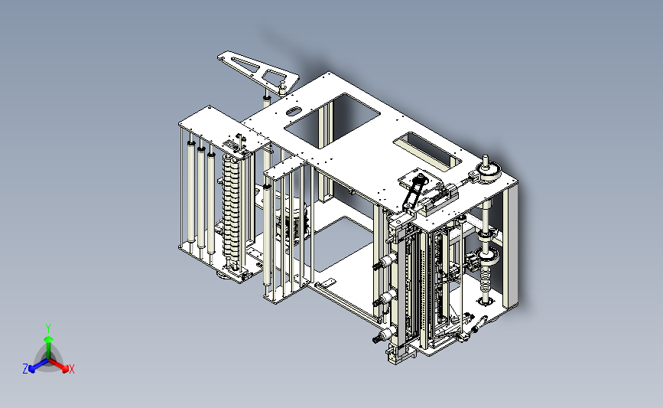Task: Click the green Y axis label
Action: tap(48, 328)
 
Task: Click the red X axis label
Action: tap(71, 369)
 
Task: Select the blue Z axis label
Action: tap(25, 369)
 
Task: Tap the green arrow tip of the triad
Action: tap(48, 339)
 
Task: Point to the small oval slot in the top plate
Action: tap(294, 112)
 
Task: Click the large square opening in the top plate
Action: tap(333, 121)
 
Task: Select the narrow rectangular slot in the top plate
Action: tap(427, 151)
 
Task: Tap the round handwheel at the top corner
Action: tap(489, 171)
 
